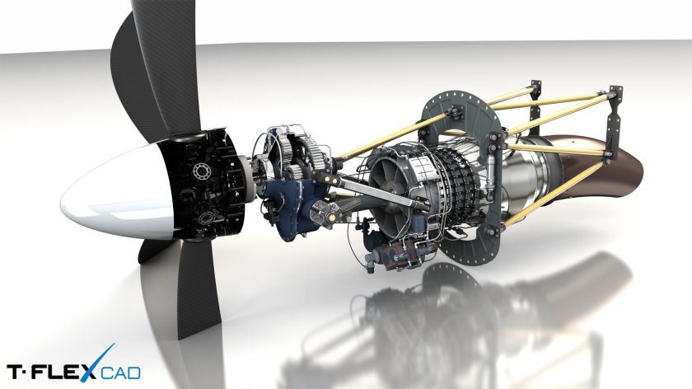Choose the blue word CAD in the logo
(x=120, y=373)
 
